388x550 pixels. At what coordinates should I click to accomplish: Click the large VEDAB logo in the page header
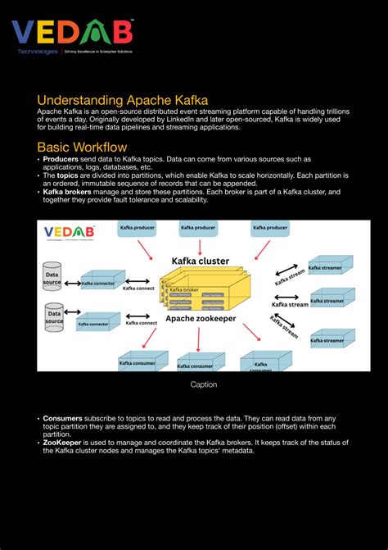pyautogui.click(x=72, y=32)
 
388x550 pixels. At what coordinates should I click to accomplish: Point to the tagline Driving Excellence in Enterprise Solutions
pyautogui.click(x=99, y=52)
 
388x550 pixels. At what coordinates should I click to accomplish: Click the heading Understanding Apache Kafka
pyautogui.click(x=122, y=100)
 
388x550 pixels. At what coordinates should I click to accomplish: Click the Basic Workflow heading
pyautogui.click(x=82, y=147)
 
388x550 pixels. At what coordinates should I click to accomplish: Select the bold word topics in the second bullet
pyautogui.click(x=67, y=175)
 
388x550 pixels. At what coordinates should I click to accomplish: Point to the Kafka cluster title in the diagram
pyautogui.click(x=201, y=261)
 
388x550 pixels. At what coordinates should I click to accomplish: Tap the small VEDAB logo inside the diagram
pyautogui.click(x=70, y=232)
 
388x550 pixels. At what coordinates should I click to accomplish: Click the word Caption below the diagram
pyautogui.click(x=204, y=384)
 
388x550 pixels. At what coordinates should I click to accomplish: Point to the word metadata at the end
pyautogui.click(x=238, y=450)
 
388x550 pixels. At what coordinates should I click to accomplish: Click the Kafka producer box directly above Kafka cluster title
pyautogui.click(x=197, y=227)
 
